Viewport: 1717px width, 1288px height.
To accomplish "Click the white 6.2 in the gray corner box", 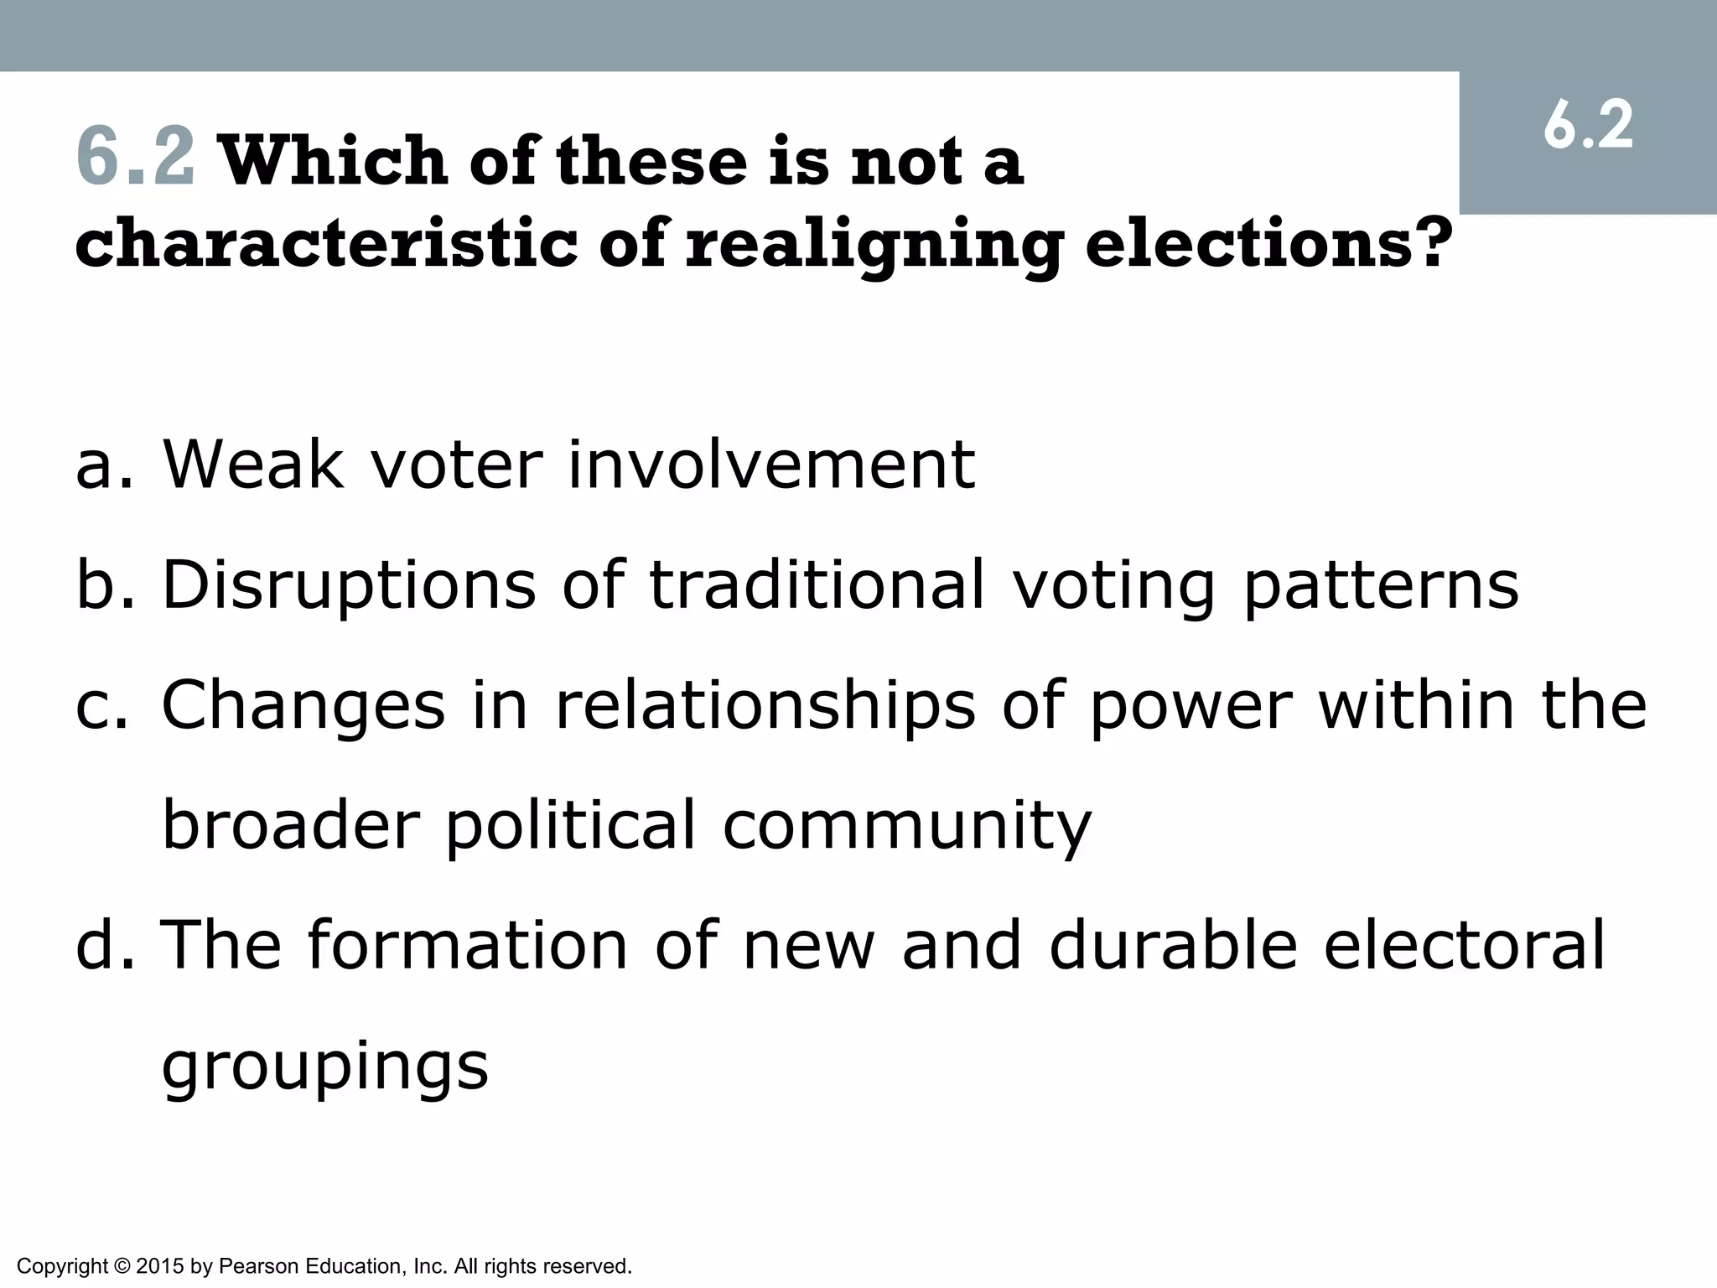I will [1588, 127].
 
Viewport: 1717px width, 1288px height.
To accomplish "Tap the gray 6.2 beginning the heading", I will [136, 157].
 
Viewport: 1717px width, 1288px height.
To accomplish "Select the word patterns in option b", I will [1381, 585].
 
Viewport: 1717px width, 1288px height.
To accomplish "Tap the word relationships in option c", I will [765, 705].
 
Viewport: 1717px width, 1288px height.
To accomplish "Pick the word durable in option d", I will [1173, 943].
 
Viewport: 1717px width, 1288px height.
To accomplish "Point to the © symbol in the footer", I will [122, 1265].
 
